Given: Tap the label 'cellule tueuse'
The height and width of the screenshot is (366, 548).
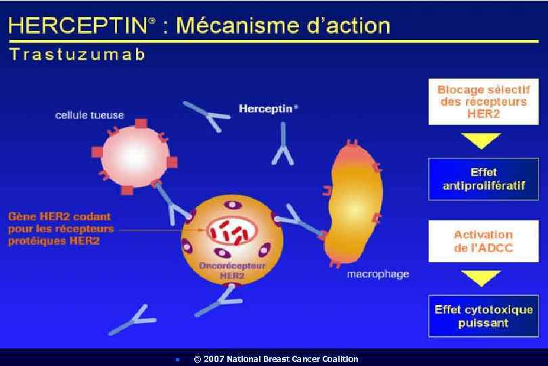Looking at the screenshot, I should (89, 115).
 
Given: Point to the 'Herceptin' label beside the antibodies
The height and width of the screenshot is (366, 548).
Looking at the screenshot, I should (268, 108).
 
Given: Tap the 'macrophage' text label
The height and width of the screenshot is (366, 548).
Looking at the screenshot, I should (378, 274).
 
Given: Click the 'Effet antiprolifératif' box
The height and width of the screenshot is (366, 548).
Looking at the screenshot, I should (483, 179).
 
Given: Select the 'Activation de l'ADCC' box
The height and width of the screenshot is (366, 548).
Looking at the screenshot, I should (483, 241).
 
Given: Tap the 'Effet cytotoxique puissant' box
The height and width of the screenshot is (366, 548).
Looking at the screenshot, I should (483, 316).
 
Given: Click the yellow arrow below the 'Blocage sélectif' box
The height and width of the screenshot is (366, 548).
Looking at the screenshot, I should (482, 140).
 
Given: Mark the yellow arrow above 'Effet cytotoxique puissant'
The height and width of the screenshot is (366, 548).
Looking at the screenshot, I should (482, 278).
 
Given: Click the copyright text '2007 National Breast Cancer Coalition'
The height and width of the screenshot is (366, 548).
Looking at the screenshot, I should (275, 359).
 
